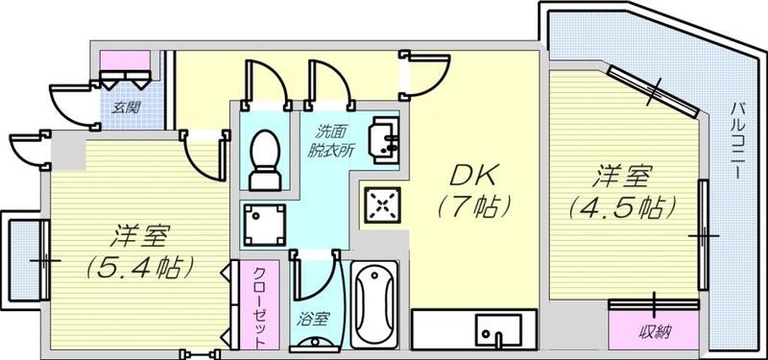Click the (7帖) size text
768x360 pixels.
pos(470,204)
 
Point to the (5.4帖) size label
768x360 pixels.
pos(142,264)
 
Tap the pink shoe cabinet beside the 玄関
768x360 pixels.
pos(126,62)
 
